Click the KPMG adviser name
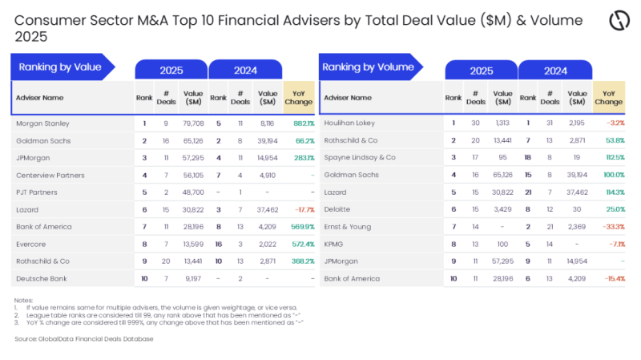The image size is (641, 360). pos(335,243)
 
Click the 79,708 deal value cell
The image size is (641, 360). pos(193,123)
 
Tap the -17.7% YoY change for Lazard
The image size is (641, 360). pos(302,208)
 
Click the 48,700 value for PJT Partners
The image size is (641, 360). pos(193,192)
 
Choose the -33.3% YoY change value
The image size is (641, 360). pos(612,226)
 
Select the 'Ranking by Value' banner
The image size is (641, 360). pos(61,67)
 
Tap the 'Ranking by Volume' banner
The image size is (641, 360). pos(369,67)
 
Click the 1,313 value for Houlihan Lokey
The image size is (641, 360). pos(502,123)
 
